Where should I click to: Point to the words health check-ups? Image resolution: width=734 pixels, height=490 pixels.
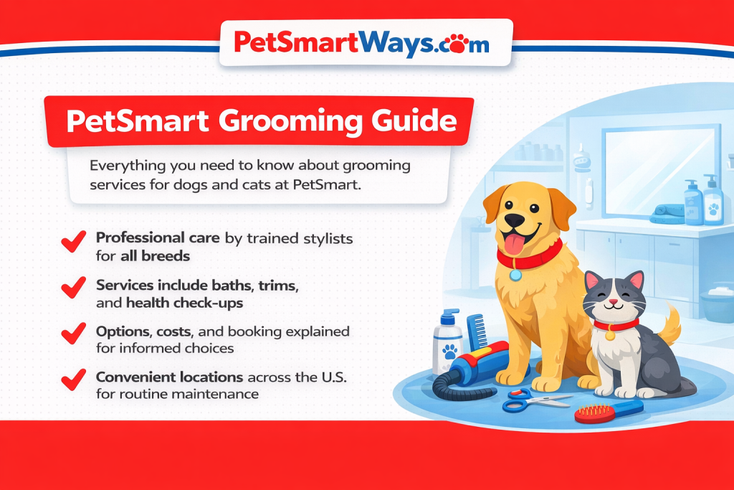[184, 303]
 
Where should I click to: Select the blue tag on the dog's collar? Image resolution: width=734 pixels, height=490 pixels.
[515, 274]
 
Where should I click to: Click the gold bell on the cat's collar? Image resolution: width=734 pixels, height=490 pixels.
[610, 334]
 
